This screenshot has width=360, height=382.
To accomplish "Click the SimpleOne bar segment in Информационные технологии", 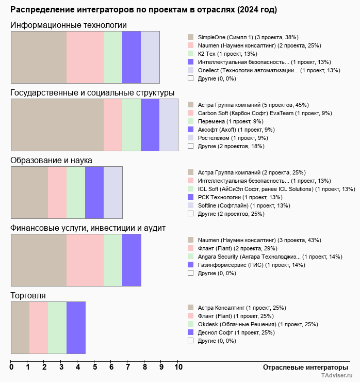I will coord(39,57).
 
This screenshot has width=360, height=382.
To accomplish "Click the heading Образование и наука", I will coord(51,161).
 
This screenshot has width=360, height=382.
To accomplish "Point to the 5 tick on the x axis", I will coord(95,368).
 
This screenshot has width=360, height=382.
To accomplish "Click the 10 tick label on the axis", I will coord(178,368).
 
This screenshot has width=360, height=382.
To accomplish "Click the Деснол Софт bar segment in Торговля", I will coord(76,327).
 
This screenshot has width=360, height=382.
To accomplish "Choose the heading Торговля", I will coord(28,295).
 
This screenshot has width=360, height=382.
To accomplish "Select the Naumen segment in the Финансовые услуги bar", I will coord(39,260).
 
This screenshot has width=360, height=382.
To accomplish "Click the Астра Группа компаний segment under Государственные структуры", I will coord(57,125).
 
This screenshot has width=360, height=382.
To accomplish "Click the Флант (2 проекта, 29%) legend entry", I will coord(226,248).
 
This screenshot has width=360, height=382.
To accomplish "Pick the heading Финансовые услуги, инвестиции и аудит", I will coord(88,228).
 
